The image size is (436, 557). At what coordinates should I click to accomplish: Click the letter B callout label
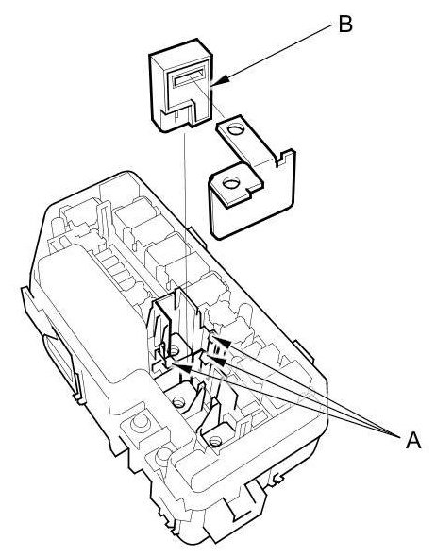pos(345,25)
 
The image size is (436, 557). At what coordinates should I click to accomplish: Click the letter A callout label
pos(413,441)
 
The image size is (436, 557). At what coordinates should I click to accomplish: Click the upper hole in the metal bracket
pos(235,129)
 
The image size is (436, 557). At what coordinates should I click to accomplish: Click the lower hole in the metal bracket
pos(231,184)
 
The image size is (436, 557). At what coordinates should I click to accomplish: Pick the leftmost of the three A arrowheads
pos(181,367)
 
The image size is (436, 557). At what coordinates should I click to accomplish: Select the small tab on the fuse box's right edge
pos(305,352)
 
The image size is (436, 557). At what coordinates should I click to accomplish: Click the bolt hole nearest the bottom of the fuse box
pos(214,442)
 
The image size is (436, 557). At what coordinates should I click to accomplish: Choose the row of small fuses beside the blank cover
pos(117,270)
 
